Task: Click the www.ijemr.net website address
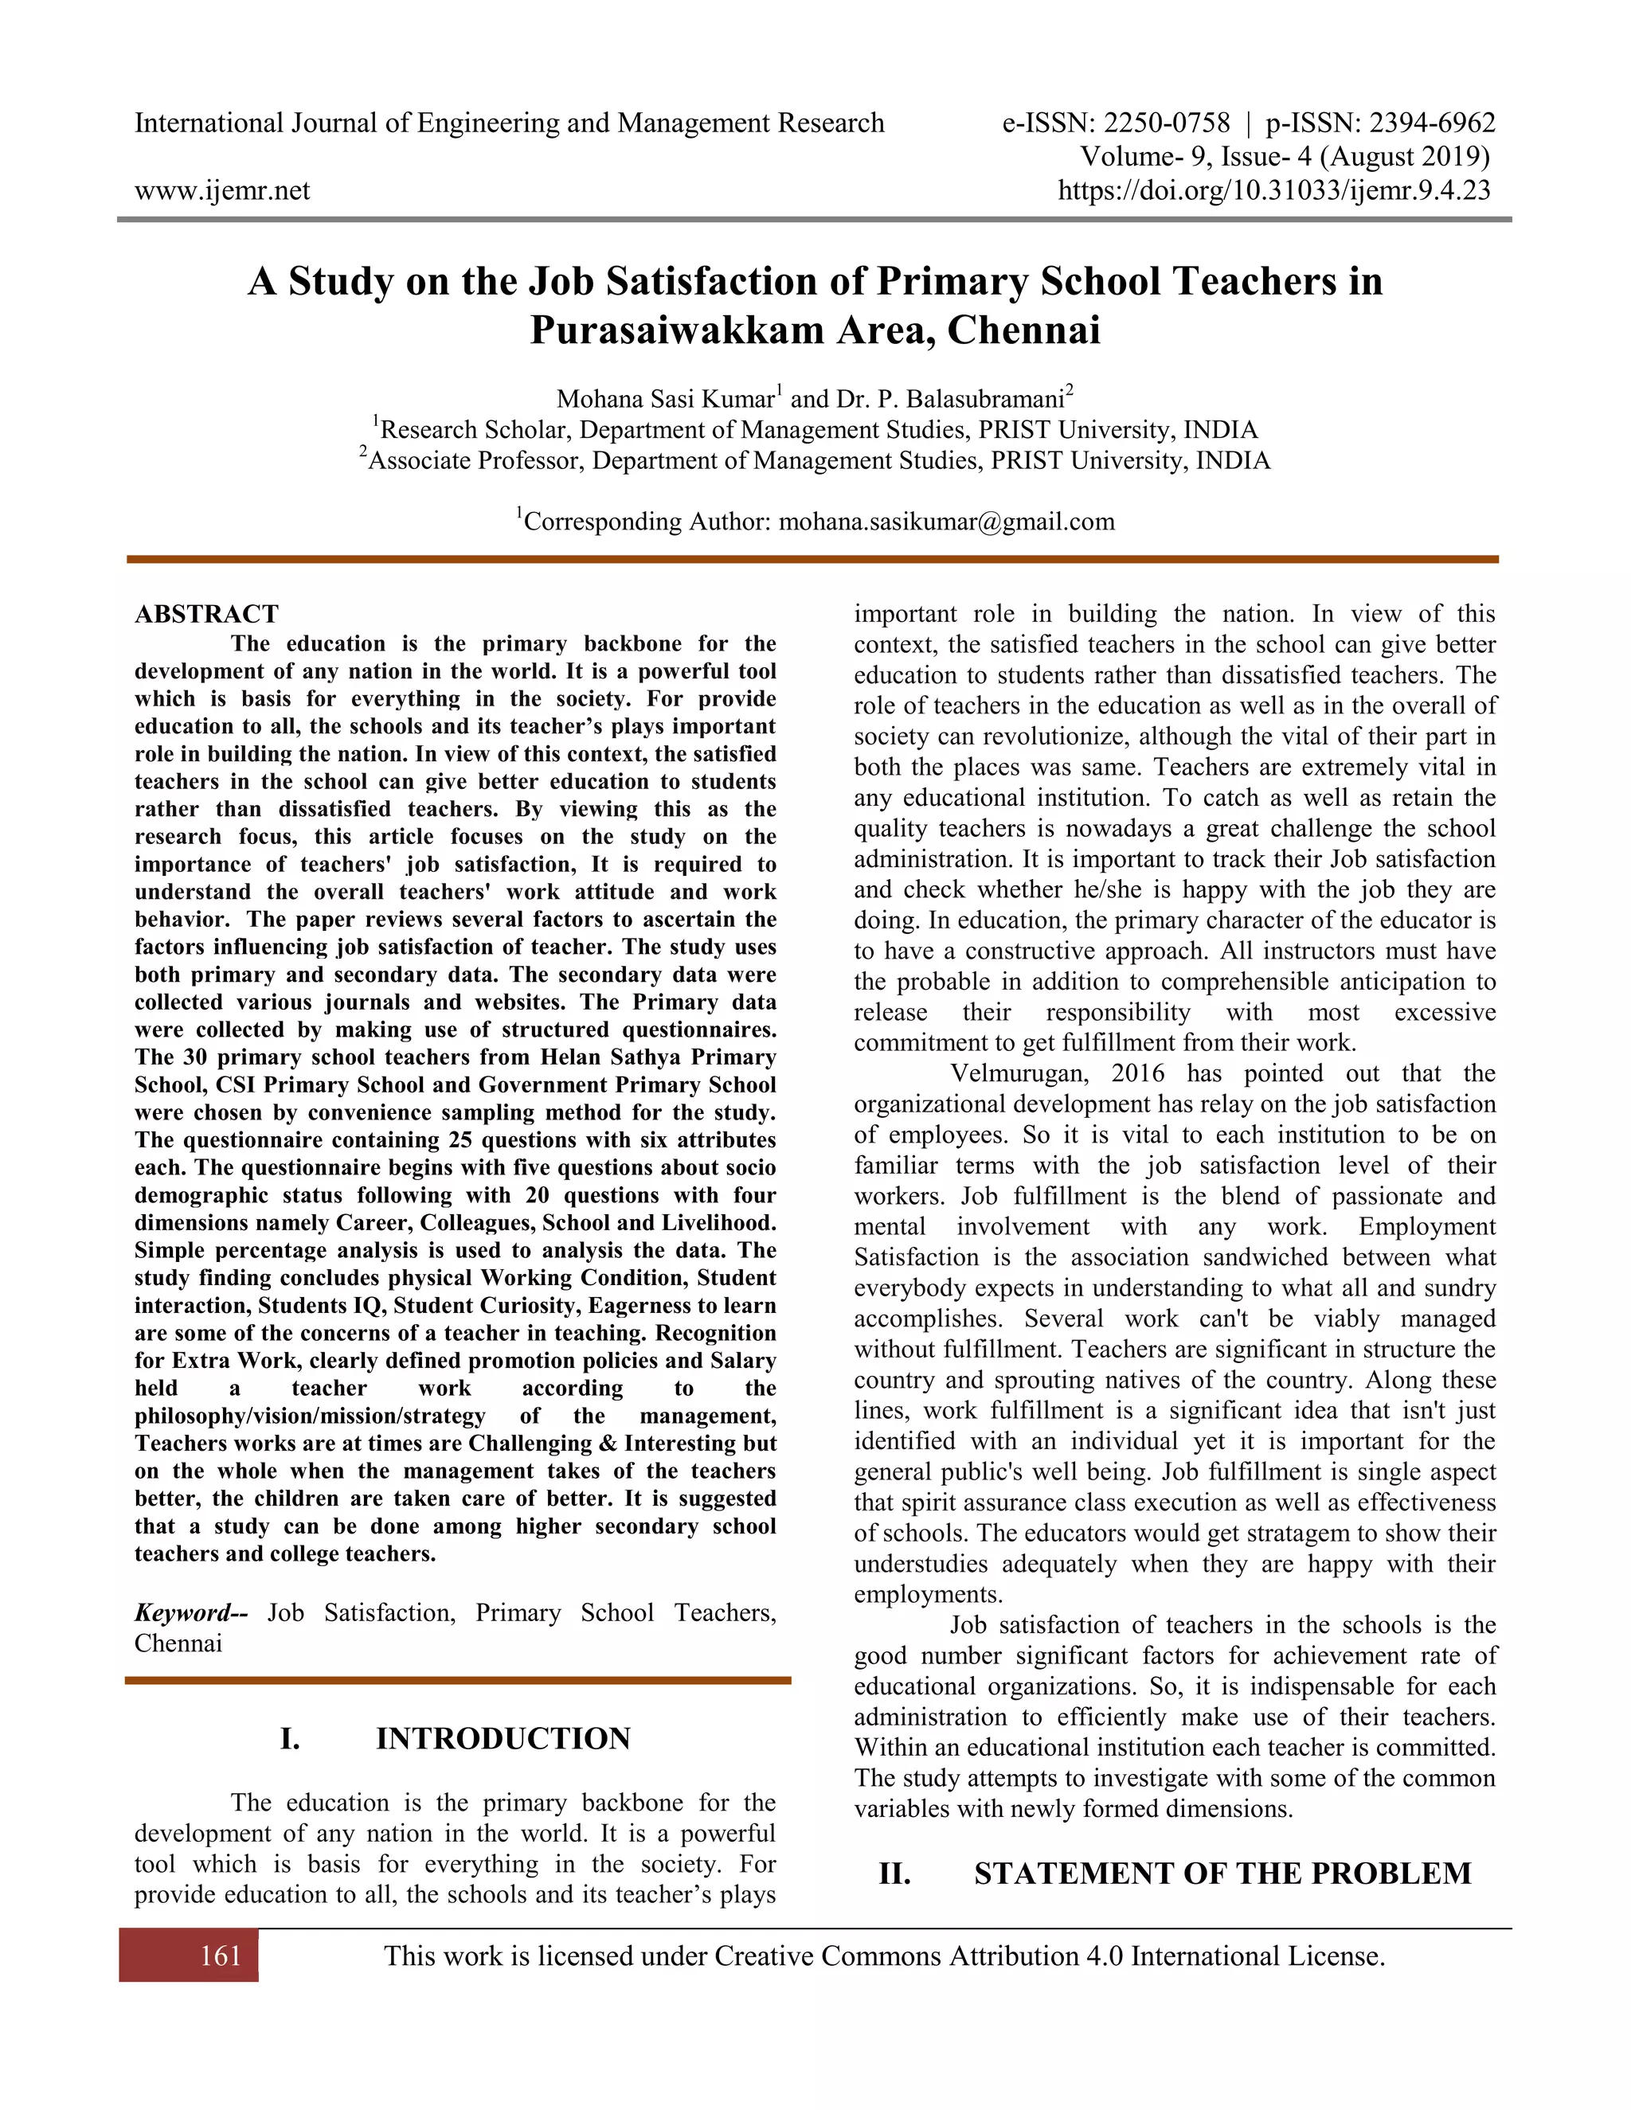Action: pos(221,190)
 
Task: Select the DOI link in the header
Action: pos(1273,190)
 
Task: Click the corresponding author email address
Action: pos(946,522)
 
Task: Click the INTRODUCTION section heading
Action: pos(503,1739)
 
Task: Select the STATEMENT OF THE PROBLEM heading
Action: pos(1222,1874)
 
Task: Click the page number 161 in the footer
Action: pos(221,1956)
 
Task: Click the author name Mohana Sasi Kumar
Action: pos(665,399)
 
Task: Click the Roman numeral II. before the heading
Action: pos(894,1874)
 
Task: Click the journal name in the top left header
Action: pos(508,123)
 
